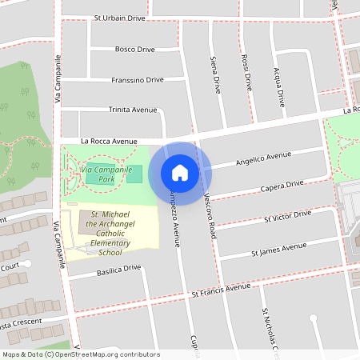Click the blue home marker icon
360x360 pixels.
pyautogui.click(x=180, y=173)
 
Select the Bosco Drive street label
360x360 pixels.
pyautogui.click(x=134, y=49)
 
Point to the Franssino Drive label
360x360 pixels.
pyautogui.click(x=138, y=80)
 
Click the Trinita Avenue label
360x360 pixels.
pyautogui.click(x=133, y=109)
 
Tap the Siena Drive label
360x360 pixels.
pyautogui.click(x=214, y=75)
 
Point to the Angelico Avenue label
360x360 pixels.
pyautogui.click(x=264, y=159)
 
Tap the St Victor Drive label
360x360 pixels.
pyautogui.click(x=286, y=217)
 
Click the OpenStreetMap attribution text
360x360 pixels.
pyautogui.click(x=81, y=354)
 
